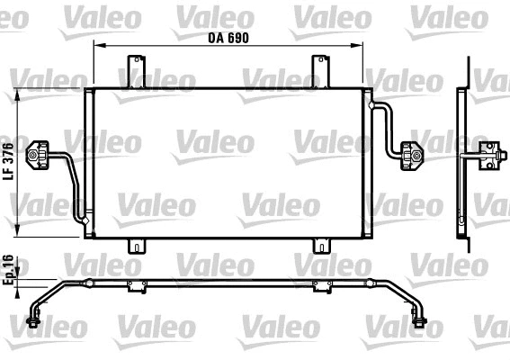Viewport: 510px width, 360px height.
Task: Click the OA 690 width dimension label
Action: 228,38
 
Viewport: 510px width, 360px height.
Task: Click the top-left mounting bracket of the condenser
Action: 136,71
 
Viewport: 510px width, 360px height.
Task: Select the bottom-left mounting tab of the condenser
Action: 136,246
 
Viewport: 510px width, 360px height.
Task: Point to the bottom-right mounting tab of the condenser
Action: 321,246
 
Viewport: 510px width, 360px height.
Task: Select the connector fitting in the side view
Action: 490,155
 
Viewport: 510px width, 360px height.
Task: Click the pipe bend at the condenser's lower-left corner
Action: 83,215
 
